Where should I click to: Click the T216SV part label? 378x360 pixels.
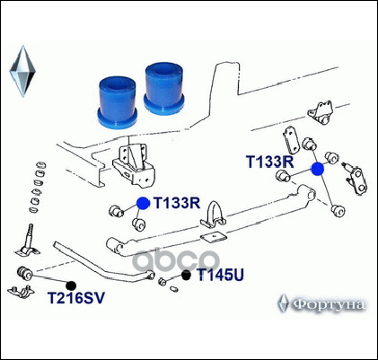[76, 298]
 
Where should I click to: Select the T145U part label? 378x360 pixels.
[220, 275]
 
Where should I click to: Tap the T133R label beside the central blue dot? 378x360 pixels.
[177, 203]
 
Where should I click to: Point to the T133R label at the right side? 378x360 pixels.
[270, 162]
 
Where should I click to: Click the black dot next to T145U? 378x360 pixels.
[186, 275]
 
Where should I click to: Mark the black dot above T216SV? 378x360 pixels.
[71, 285]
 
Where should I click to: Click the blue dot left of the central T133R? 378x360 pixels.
[143, 203]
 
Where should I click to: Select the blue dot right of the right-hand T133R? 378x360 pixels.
[318, 169]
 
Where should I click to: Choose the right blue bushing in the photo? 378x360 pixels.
[163, 89]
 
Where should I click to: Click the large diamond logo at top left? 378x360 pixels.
[22, 71]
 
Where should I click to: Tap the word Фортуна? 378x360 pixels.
[329, 304]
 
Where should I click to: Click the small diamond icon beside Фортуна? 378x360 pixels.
[283, 303]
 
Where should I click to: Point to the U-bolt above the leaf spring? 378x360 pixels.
[213, 215]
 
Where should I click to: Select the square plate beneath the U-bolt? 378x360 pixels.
[215, 238]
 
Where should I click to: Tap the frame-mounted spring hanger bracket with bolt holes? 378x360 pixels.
[134, 165]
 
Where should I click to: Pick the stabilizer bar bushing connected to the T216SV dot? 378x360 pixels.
[24, 273]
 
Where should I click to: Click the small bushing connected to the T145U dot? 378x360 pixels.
[163, 281]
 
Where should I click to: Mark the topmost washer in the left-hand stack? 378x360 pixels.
[41, 165]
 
